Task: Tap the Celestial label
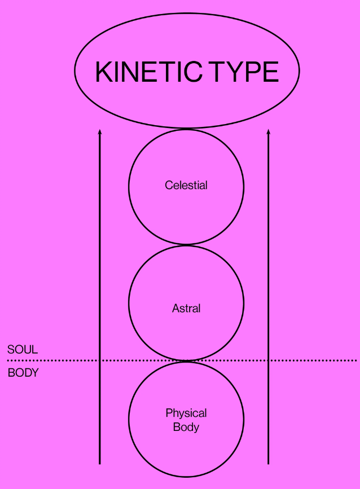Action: [186, 185]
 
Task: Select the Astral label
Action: [186, 309]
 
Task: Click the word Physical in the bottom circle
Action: [186, 413]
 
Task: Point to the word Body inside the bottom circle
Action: [186, 427]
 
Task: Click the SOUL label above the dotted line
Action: [23, 350]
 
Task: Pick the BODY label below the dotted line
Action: [23, 373]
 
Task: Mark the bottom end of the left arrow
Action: [100, 463]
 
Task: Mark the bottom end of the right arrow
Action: [269, 463]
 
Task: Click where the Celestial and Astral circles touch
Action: [186, 245]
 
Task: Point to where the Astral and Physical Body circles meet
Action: [186, 361]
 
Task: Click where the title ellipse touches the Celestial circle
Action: [186, 129]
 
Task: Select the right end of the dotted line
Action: [355, 360]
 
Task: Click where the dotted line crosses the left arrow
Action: [100, 360]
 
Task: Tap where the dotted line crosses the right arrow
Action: [269, 360]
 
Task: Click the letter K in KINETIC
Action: [103, 72]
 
